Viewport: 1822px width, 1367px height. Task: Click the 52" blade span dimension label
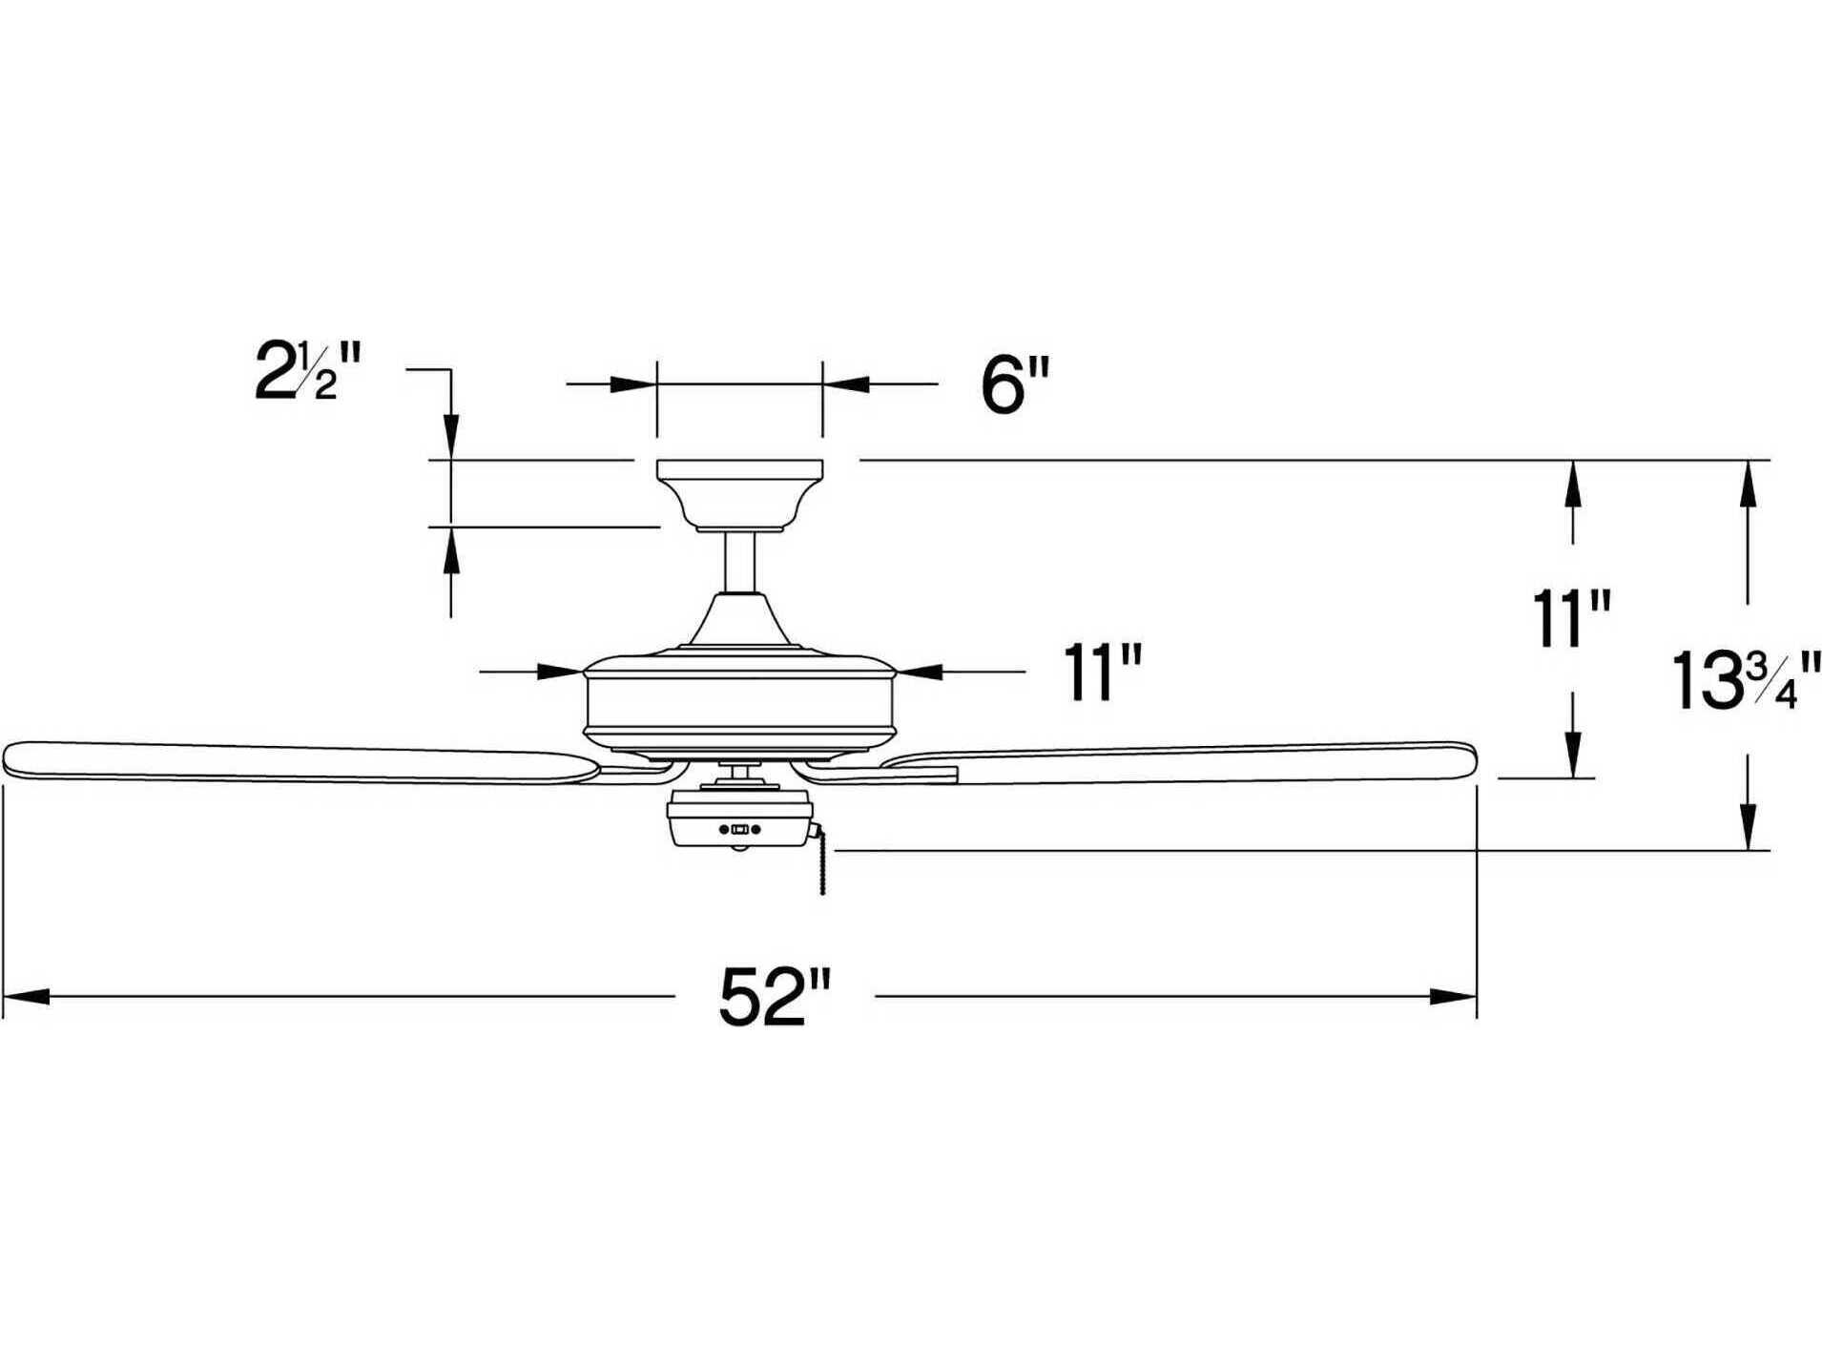point(775,998)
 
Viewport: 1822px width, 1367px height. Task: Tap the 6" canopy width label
point(1014,385)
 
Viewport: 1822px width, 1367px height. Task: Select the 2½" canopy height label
point(307,371)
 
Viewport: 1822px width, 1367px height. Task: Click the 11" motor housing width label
point(1102,673)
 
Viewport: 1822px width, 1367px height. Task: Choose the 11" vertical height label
point(1570,619)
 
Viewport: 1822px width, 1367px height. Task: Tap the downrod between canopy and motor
point(739,562)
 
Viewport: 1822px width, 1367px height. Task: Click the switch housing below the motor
point(739,821)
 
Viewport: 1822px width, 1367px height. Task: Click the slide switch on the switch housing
point(739,829)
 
